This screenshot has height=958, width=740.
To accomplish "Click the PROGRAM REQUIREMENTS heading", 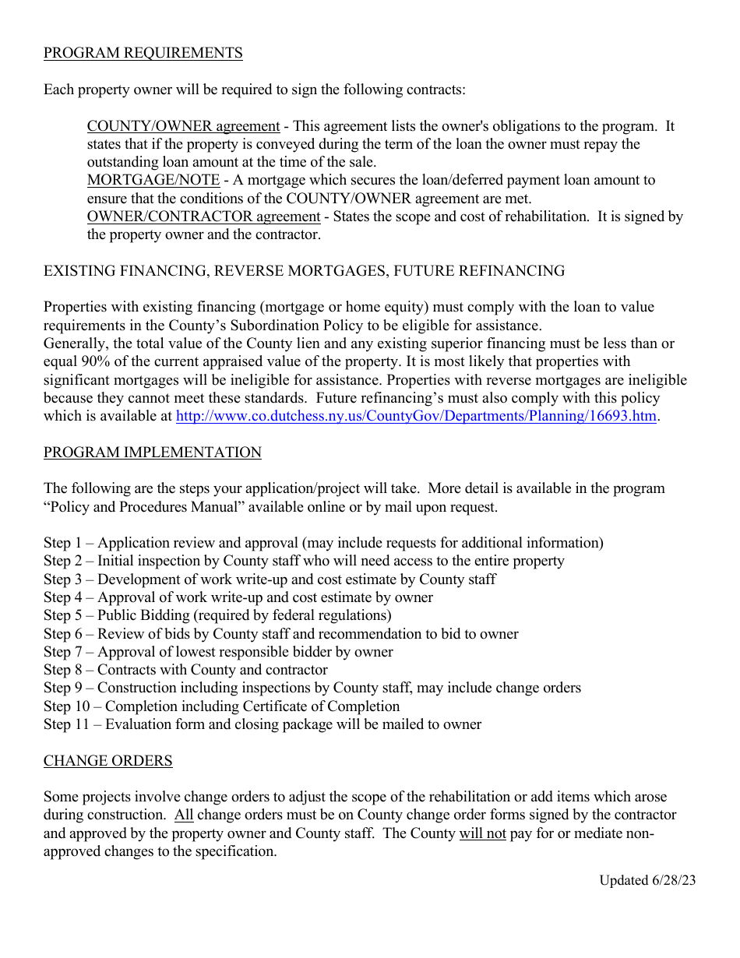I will (143, 53).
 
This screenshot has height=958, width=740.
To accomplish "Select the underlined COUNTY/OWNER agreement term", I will (183, 126).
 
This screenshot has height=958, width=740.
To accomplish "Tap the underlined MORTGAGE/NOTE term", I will (153, 180).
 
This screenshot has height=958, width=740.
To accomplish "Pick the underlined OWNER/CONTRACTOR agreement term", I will (203, 217).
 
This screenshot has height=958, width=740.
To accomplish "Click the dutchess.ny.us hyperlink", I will (416, 416).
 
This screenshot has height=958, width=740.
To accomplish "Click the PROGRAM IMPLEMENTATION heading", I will (152, 453).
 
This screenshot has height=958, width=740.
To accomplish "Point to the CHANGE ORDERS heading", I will (107, 760).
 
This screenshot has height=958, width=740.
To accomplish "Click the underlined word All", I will (184, 815).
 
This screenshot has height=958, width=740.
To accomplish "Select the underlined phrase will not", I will (482, 833).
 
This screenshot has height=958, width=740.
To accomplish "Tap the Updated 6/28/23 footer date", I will (647, 880).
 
